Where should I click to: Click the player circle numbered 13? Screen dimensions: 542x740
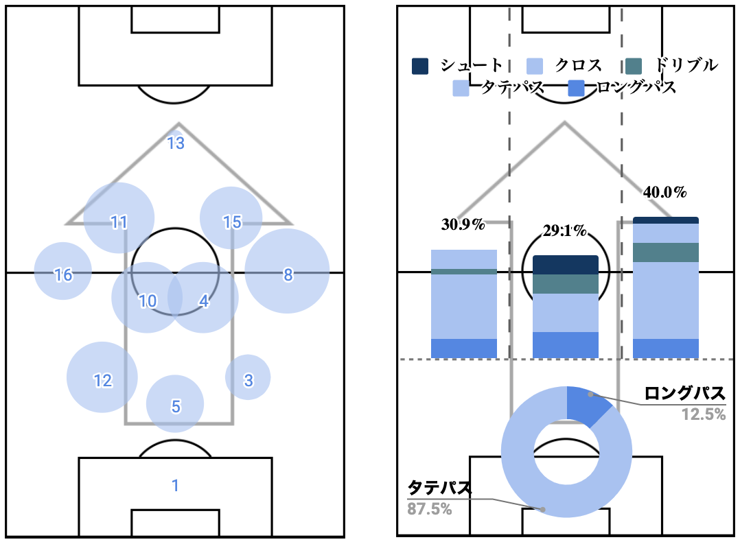coord(176,143)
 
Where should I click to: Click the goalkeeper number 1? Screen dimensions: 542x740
coord(175,486)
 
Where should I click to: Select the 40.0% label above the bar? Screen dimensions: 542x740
coord(664,193)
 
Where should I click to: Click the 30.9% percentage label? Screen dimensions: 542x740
coord(463,224)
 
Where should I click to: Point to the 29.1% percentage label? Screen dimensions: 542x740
coord(565,231)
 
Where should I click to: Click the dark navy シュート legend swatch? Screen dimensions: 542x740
coord(420,66)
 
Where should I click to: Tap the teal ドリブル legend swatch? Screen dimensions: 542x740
coord(634,66)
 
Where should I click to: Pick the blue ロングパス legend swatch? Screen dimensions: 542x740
coord(577,88)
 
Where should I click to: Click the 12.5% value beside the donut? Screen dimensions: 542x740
coord(704,414)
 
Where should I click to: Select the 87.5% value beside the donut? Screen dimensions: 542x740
coord(431,510)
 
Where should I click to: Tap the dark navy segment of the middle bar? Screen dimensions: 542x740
coord(566,265)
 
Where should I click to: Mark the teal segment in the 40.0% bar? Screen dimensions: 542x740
coord(665,252)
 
